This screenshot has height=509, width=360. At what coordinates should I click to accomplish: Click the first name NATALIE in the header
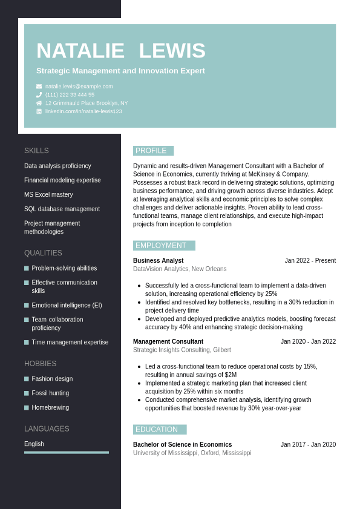80,51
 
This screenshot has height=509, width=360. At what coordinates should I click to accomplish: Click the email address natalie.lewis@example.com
79,87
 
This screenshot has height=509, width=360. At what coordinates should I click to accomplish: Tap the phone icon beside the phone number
39,95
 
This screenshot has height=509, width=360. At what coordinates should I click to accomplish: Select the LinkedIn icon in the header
39,111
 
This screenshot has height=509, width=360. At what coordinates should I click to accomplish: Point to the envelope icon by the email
39,87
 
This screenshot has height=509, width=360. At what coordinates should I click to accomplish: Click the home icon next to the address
39,103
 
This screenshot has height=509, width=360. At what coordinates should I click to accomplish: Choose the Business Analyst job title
158,261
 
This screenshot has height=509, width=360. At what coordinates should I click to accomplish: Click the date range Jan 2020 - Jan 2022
308,342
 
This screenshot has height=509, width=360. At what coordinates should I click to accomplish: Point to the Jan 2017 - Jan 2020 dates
308,445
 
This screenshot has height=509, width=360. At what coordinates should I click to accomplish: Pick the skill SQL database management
62,209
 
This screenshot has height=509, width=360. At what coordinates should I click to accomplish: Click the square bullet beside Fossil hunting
27,393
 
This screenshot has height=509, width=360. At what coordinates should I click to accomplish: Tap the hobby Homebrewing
50,408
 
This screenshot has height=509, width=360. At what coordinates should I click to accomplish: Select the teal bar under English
67,452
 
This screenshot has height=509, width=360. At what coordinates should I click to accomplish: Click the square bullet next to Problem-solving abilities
27,268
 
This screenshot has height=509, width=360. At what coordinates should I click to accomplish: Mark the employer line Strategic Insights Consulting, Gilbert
182,350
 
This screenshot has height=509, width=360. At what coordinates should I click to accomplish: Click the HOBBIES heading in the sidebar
40,364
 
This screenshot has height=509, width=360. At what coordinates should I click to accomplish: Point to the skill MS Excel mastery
48,195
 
